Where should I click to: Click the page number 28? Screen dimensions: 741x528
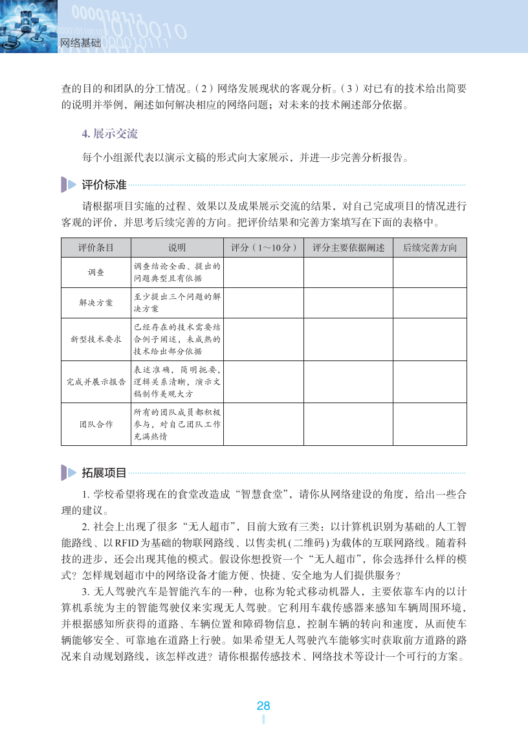tap(263, 706)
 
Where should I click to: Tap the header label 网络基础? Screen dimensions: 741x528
tap(81, 43)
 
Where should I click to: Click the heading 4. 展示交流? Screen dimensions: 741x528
tap(109, 134)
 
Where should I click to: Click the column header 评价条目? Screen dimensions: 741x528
tap(96, 248)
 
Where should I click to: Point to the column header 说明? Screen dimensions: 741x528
tap(177, 248)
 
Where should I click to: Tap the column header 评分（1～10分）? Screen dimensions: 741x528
tap(264, 248)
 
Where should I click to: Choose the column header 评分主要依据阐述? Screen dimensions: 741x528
tap(348, 248)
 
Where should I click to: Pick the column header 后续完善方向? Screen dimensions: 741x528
tap(430, 248)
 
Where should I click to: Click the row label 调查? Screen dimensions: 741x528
tap(96, 272)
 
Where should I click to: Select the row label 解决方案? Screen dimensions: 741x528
tap(96, 303)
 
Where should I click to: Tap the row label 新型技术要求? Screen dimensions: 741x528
tap(96, 339)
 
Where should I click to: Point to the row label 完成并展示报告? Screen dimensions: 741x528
tap(96, 382)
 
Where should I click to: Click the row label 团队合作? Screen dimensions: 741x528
tap(96, 424)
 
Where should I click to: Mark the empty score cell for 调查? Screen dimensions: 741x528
tap(264, 272)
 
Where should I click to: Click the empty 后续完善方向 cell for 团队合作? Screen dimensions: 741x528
tap(430, 424)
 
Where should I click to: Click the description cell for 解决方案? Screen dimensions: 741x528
tap(177, 303)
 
